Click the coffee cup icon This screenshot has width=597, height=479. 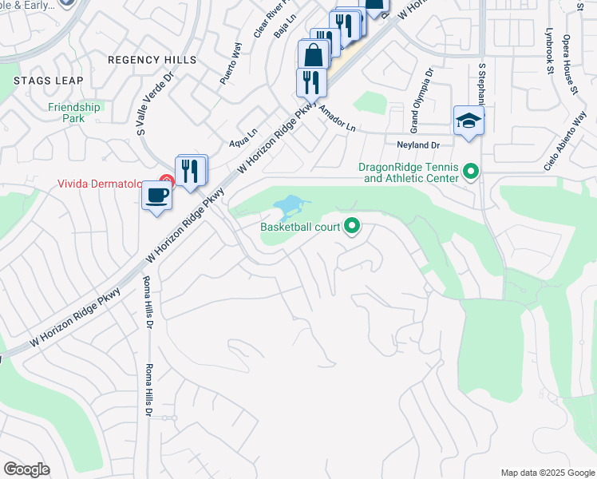click(156, 196)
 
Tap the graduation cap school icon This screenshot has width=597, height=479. click(469, 121)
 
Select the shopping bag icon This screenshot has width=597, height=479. click(314, 56)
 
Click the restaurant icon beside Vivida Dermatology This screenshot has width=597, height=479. click(192, 171)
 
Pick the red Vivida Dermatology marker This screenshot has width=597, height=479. click(167, 183)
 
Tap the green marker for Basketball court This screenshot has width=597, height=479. click(352, 228)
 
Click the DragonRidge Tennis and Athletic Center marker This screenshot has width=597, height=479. click(471, 172)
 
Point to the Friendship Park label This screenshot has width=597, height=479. click(74, 113)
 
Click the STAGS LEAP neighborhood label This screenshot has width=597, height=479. click(43, 81)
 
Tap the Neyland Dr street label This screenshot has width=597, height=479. click(418, 144)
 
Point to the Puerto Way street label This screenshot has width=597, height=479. click(231, 69)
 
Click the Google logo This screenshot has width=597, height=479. click(26, 469)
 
